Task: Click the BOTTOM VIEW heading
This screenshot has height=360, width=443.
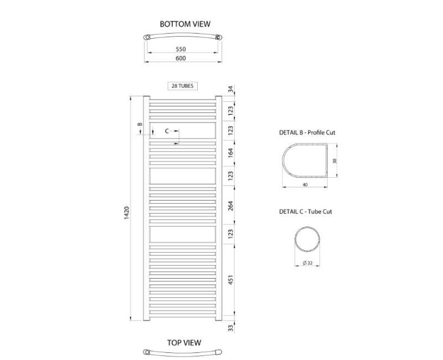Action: click(x=184, y=24)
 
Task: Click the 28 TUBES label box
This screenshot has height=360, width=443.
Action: click(x=183, y=86)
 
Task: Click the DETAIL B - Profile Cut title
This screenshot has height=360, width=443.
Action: click(x=308, y=133)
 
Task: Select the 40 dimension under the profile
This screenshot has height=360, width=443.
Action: click(x=306, y=185)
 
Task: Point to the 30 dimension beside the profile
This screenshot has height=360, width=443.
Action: click(x=334, y=161)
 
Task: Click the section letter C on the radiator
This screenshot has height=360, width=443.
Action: click(x=167, y=131)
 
